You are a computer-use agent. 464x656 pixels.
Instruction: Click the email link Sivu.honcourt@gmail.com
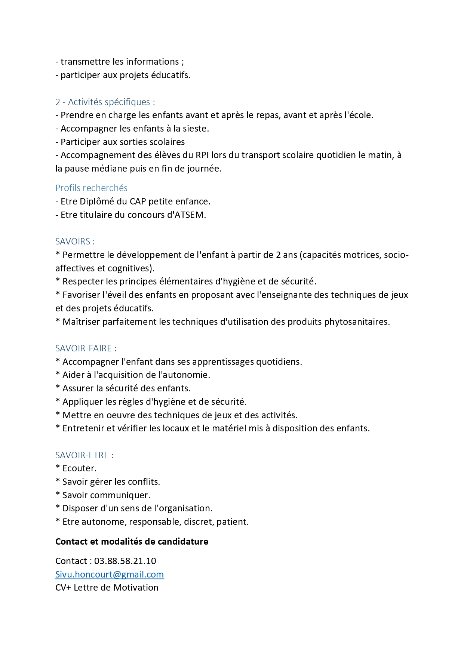point(110,575)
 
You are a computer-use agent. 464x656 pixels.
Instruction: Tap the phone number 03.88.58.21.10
point(125,561)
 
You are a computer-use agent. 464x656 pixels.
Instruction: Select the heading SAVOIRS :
point(75,241)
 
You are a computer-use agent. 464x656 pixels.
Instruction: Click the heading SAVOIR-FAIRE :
point(86,348)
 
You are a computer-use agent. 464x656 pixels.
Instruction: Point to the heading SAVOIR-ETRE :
point(84,455)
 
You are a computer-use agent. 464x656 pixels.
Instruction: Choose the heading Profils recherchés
point(91,188)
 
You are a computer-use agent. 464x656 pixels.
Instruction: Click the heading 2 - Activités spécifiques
point(105,102)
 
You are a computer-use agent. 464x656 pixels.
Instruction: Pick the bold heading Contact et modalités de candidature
point(132,542)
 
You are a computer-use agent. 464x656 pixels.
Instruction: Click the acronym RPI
point(202,155)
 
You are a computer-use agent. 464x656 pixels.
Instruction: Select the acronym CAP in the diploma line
point(138,201)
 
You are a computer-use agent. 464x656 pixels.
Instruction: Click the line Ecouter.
point(79,468)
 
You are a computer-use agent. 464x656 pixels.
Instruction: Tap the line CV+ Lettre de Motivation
point(107,588)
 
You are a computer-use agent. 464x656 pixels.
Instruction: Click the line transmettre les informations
point(120,62)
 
